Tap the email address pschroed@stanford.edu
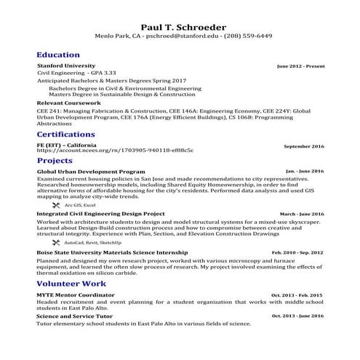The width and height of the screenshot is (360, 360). pyautogui.click(x=177, y=36)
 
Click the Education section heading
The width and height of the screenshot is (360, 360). pyautogui.click(x=58, y=55)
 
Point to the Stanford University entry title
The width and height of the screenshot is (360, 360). pyautogui.click(x=65, y=66)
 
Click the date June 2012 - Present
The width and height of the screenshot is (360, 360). pyautogui.click(x=300, y=66)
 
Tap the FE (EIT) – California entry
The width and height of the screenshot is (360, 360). pyautogui.click(x=66, y=145)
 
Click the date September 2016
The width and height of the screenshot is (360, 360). pyautogui.click(x=303, y=146)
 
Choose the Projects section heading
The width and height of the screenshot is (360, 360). pyautogui.click(x=55, y=160)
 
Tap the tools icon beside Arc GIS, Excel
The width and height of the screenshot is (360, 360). pyautogui.click(x=56, y=205)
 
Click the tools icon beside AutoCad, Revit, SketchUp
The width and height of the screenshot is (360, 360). pyautogui.click(x=56, y=241)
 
